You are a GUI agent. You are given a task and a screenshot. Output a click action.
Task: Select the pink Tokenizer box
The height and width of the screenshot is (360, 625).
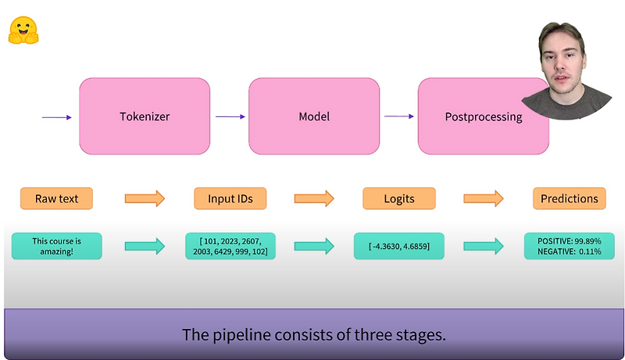coord(145,116)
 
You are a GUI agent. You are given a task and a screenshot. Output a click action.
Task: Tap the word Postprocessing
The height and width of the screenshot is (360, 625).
coord(483,117)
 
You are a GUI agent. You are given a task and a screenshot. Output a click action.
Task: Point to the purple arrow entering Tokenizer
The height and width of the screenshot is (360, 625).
coord(57,117)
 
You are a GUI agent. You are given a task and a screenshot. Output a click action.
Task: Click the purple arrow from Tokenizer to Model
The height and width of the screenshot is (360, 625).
coord(230,117)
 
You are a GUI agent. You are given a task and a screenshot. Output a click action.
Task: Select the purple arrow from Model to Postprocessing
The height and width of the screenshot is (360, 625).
coord(399,117)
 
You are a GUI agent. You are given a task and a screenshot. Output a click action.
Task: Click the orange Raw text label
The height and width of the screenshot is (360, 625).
coord(57,198)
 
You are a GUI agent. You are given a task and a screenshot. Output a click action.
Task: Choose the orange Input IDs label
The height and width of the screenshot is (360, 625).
coord(230,198)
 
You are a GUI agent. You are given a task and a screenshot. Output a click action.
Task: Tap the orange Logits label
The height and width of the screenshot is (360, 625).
coord(399,198)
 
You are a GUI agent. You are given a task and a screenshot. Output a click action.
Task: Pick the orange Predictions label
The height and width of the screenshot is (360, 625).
coord(570,198)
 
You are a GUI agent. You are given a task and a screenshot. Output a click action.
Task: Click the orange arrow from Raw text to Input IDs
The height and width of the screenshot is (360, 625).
coord(145,198)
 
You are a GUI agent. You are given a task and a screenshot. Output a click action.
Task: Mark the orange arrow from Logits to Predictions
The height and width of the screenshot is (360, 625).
coord(484,198)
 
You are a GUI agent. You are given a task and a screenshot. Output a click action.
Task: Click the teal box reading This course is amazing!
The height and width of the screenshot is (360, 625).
coord(57,246)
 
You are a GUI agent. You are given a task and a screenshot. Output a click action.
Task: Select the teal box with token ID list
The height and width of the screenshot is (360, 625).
coord(230,246)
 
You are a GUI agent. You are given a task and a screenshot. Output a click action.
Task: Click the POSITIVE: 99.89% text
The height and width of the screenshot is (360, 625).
coord(570,241)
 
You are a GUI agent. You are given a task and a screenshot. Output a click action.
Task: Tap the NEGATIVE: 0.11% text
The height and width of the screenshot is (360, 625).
coord(570,252)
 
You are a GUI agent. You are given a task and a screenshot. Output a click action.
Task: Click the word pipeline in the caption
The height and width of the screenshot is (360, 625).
coord(231,336)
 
